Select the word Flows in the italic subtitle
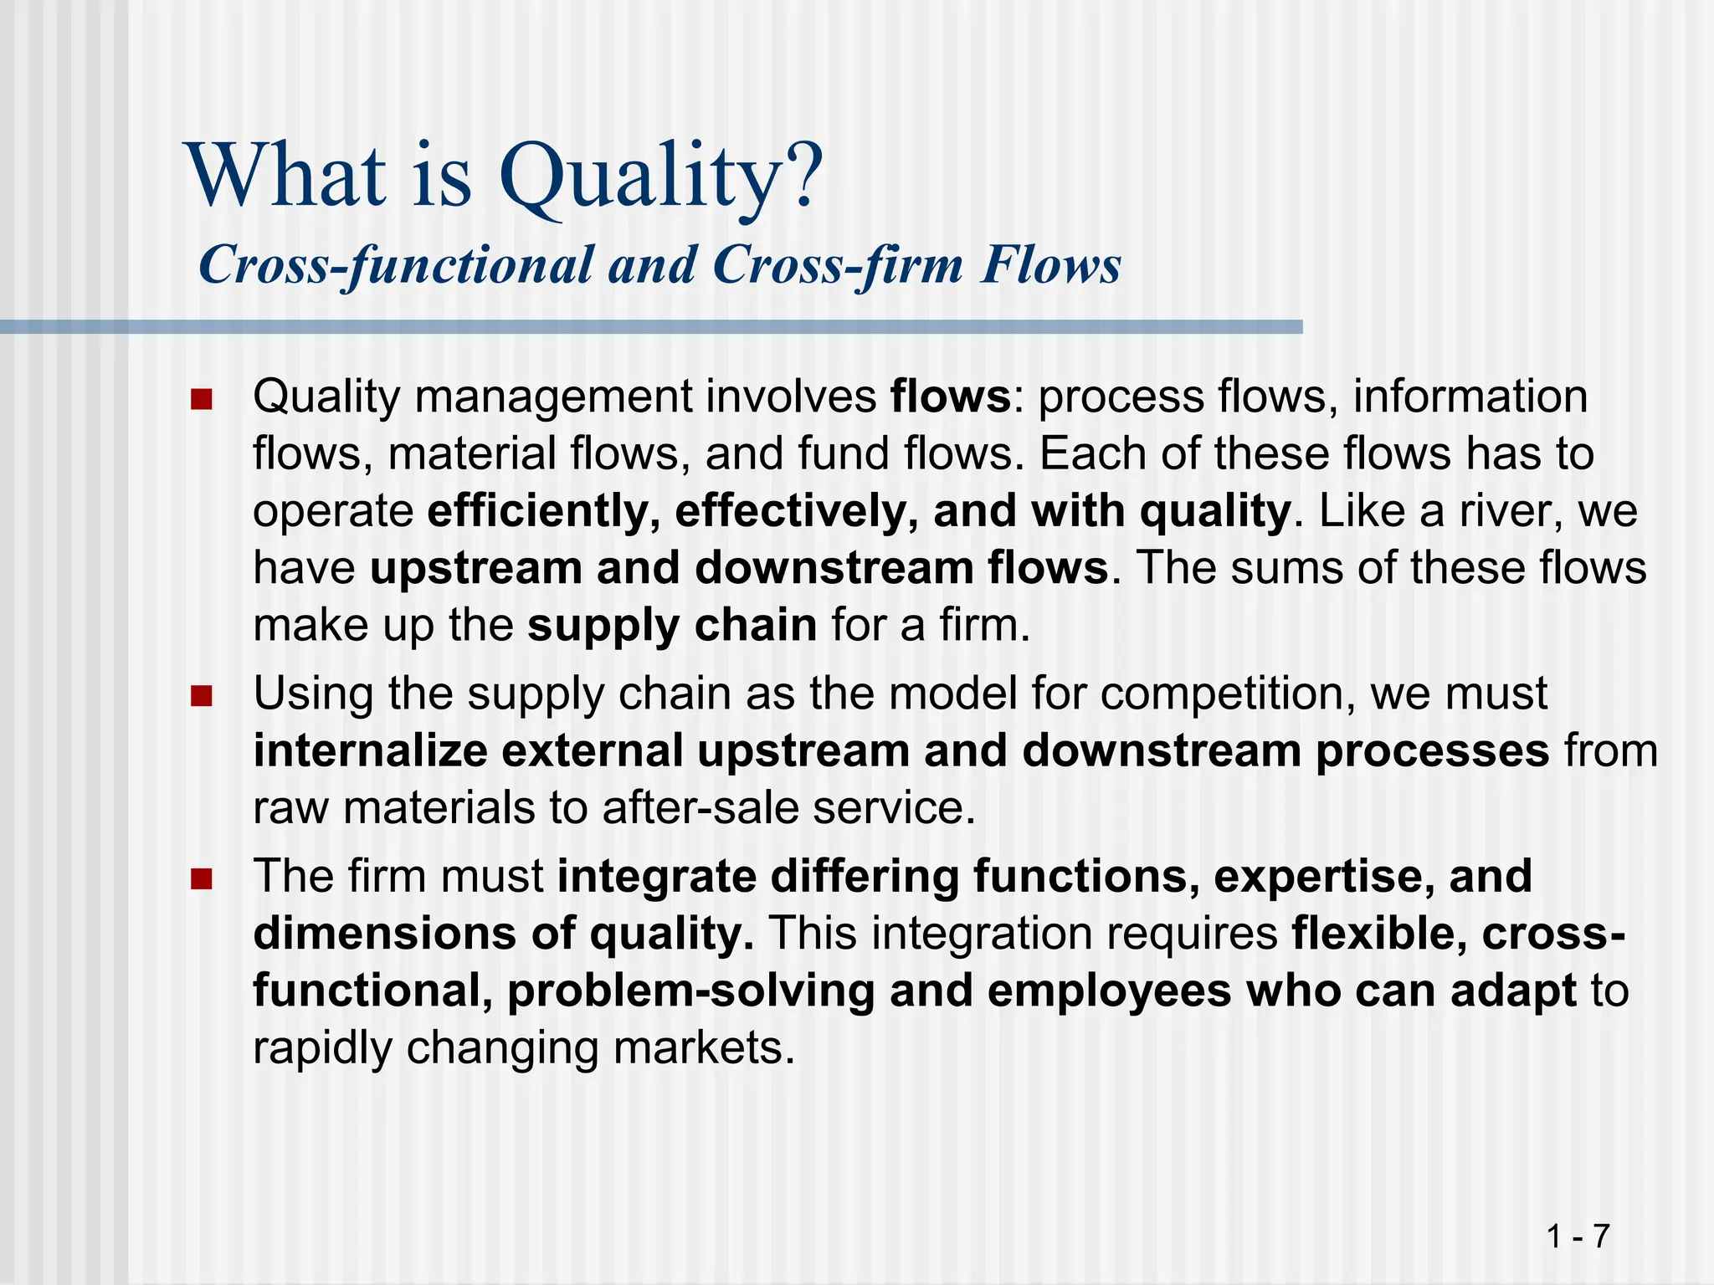1051,265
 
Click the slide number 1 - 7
1578,1236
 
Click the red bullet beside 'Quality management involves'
201,399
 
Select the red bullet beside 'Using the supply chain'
201,696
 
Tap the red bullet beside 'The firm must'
201,879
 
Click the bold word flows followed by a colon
950,397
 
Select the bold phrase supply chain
672,625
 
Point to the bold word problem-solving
690,991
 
